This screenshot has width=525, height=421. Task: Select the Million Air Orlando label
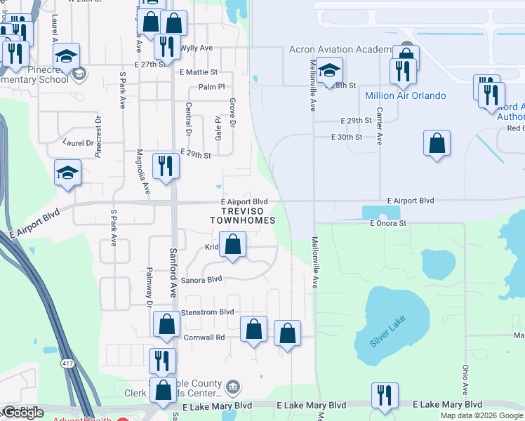coord(405,95)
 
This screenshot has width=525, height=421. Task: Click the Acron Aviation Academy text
coord(340,49)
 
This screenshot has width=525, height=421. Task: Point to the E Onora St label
coord(388,223)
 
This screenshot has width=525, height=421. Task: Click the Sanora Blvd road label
coord(201,279)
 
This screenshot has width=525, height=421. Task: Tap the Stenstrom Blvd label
coord(207,312)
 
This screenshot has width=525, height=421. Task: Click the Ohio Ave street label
coord(465,379)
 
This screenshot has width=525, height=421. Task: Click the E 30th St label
coord(347,137)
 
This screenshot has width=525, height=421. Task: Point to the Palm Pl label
coord(211,87)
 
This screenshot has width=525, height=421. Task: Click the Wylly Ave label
coord(197,48)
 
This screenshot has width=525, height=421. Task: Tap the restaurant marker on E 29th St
coord(166,166)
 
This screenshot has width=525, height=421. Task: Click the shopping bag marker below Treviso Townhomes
coord(234,246)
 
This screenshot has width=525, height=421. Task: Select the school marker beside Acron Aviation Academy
coord(329,70)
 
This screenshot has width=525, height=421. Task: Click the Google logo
coord(23,413)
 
